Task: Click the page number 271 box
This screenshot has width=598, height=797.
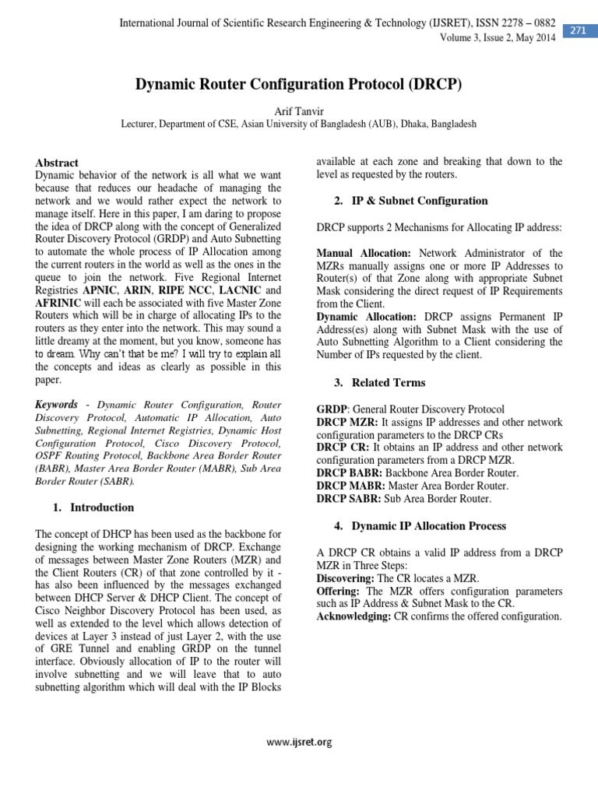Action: pyautogui.click(x=579, y=30)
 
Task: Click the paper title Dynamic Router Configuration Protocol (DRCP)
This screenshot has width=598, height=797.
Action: pyautogui.click(x=299, y=84)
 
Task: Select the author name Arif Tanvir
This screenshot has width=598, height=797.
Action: pyautogui.click(x=299, y=111)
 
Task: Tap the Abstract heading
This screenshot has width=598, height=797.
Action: pyautogui.click(x=57, y=163)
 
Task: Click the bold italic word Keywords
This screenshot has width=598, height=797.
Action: pyautogui.click(x=57, y=406)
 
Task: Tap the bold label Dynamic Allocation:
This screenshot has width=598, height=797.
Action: pyautogui.click(x=367, y=317)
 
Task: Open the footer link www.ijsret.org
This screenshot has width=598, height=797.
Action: pyautogui.click(x=299, y=743)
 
